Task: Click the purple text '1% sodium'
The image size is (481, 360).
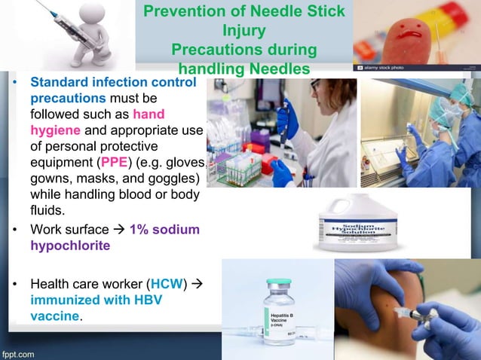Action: point(164,229)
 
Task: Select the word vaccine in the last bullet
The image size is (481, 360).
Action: point(54,316)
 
